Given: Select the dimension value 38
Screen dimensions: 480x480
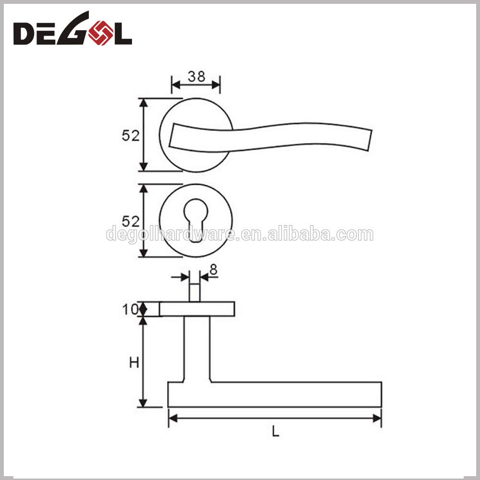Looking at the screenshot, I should coord(196,76).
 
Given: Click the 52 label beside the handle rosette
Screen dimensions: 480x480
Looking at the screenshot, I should coord(130,136).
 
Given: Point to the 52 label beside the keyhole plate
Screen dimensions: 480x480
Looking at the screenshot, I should coord(130,221).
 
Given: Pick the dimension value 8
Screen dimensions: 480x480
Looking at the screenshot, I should coord(213,270).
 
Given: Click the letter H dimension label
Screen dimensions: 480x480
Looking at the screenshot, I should coord(134,363).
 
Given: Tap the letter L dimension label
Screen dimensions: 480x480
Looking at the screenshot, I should coord(275,432).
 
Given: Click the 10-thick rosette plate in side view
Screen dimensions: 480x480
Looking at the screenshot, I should coord(197,309).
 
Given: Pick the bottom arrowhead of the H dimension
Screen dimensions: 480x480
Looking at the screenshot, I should coord(143,403).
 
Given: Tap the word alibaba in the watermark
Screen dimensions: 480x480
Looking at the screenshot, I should coord(302,235).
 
